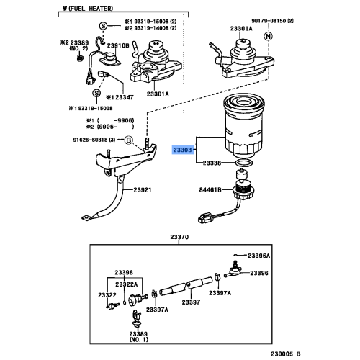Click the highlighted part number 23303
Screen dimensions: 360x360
tap(183, 150)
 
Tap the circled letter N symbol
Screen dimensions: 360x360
tap(269, 36)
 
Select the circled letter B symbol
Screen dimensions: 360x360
tap(129, 140)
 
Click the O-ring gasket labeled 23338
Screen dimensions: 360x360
tap(244, 163)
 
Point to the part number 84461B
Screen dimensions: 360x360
tap(210, 190)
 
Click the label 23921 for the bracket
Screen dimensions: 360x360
tap(143, 190)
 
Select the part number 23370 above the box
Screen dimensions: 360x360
tap(179, 237)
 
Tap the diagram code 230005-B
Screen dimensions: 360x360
tap(286, 354)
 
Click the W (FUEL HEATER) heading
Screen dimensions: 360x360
tap(88, 9)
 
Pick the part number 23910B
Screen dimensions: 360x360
tap(118, 45)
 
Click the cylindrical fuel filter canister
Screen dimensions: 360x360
tap(244, 127)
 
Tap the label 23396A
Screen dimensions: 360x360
tap(259, 256)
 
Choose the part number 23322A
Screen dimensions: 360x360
tap(127, 284)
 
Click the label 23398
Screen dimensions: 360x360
tap(124, 272)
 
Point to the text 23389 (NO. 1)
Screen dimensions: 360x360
tap(138, 336)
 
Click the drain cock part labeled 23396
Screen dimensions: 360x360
tap(233, 271)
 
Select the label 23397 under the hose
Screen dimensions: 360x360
tap(191, 302)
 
